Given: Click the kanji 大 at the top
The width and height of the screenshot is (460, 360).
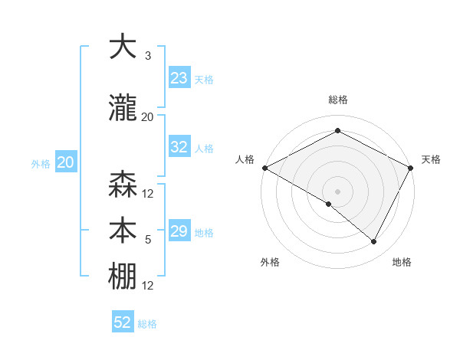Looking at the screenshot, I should pos(123,47).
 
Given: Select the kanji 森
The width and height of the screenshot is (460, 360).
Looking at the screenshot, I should pos(123,185).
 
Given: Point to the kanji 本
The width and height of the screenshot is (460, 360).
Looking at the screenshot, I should pos(123,231).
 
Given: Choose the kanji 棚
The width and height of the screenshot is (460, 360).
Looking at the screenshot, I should pos(123,277).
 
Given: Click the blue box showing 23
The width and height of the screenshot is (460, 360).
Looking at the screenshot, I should pos(179,78).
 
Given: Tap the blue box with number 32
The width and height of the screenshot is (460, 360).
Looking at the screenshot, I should pos(179,148).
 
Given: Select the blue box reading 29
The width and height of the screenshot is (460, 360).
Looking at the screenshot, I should pos(179,231).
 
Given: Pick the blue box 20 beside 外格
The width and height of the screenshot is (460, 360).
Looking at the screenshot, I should pos(66,162).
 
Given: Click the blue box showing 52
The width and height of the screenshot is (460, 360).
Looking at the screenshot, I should pos(123,322).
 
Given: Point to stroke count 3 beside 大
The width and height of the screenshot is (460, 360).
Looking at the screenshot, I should pos(148,56).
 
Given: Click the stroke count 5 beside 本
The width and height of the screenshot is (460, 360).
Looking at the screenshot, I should pos(148,240).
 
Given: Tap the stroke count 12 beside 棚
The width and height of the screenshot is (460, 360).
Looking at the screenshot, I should pos(148,286).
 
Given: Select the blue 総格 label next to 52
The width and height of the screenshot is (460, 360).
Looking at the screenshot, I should pos(147,324).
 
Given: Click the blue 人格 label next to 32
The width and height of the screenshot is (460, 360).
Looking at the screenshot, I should pos(204,149).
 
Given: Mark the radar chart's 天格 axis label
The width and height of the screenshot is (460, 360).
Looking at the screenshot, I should pos(431,159).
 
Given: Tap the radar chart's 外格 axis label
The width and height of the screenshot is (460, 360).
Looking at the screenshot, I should pos(270,262).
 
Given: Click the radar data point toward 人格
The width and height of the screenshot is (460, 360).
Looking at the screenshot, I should pos(264,168).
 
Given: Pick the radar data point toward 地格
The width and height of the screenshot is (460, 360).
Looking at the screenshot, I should pos(374,242).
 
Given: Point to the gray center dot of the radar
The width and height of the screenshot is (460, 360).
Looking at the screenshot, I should pos(337,191).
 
